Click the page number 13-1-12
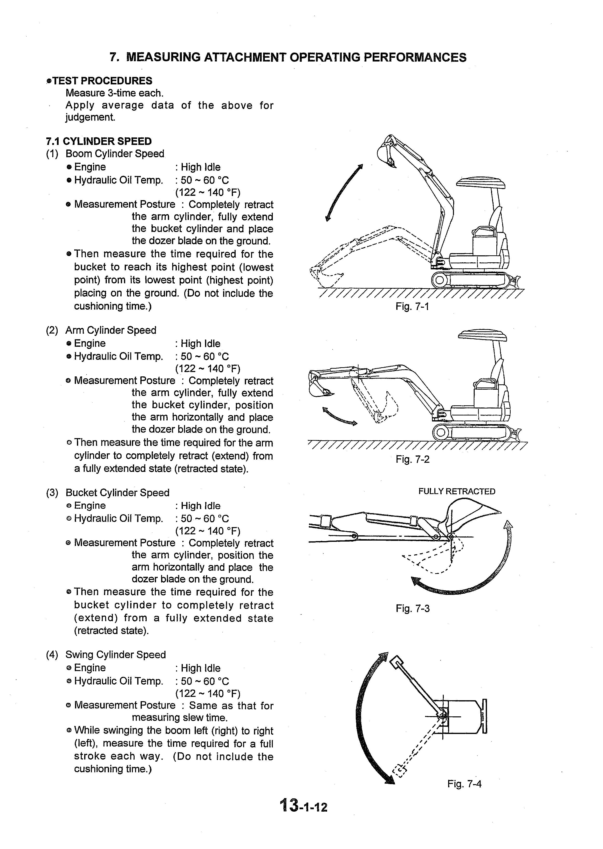304,806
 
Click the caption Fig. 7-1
412,307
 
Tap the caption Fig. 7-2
412,460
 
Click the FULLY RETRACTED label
456,491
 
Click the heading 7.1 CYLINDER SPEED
99,142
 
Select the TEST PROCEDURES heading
102,81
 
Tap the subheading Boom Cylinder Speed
115,154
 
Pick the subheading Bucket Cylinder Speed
117,493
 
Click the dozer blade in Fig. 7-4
484,716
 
